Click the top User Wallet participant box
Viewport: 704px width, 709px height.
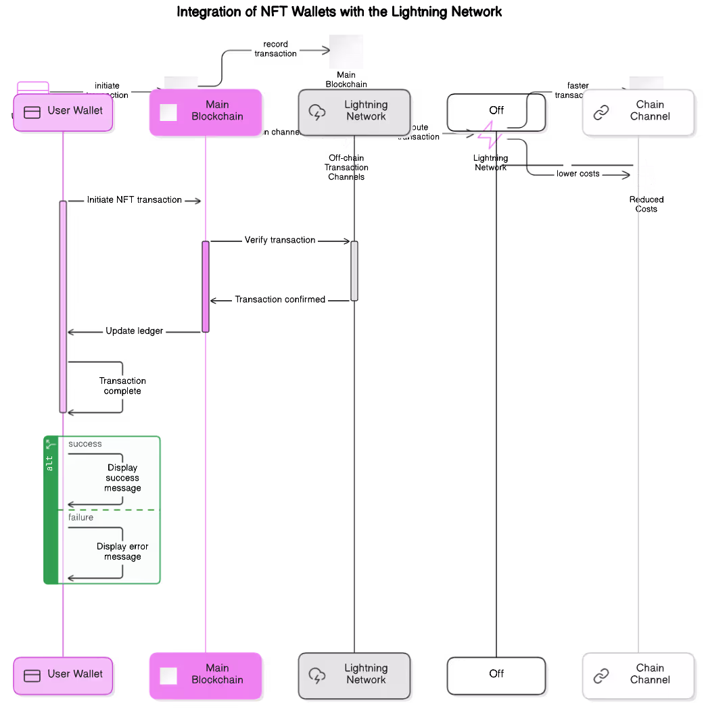click(64, 112)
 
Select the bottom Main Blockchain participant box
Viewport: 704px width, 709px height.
click(206, 675)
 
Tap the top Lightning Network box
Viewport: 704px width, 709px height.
click(354, 112)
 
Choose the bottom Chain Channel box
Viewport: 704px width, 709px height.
click(638, 675)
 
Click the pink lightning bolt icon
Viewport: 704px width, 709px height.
click(490, 135)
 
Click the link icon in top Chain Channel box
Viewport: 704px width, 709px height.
click(601, 112)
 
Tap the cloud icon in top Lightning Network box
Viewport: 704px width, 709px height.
click(316, 112)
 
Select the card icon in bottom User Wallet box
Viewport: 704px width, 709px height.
click(32, 675)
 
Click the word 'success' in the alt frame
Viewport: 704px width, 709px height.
click(85, 444)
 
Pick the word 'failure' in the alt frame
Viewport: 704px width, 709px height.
click(81, 518)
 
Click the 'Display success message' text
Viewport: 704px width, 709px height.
click(122, 478)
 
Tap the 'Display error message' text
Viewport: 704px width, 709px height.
click(122, 552)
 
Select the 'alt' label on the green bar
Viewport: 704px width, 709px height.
click(49, 463)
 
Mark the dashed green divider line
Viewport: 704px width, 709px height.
click(108, 510)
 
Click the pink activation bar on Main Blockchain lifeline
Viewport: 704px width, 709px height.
click(206, 287)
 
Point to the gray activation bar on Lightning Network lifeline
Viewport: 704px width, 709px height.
click(354, 270)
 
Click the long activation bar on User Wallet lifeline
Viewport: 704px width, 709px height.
click(63, 306)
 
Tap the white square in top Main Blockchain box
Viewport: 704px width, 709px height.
click(168, 112)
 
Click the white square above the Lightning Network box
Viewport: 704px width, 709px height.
click(346, 52)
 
